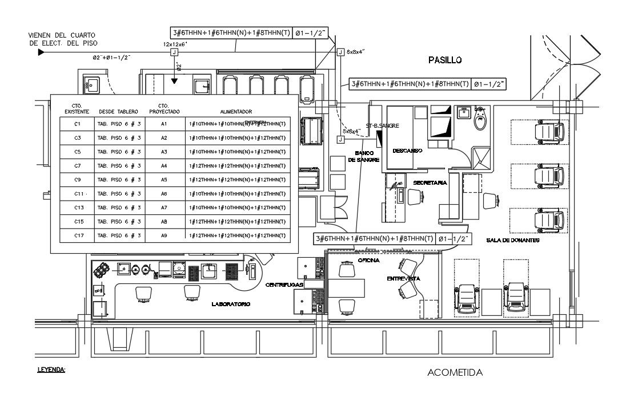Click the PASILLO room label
pos(444,60)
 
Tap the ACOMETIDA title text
pos(455,373)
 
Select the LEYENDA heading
pos(51,369)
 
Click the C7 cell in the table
pos(78,165)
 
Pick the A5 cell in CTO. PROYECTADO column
pos(163,180)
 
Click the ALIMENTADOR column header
pos(236,112)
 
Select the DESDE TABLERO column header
pos(119,112)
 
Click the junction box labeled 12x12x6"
pos(174,52)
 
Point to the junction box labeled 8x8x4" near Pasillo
pos(341,52)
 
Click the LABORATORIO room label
pos(231,304)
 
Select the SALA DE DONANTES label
pos(513,241)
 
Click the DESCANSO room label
pos(407,151)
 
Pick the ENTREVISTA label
pos(403,278)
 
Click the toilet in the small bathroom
pos(480,117)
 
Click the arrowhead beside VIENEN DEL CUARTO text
pos(41,52)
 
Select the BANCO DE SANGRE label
pos(363,157)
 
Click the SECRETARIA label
pos(429,182)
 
